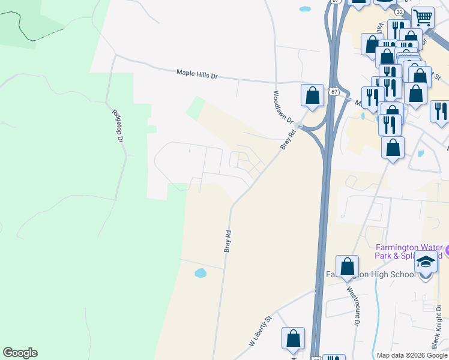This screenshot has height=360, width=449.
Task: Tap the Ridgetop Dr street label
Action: tap(117, 125)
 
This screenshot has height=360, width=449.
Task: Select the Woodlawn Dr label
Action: tap(282, 107)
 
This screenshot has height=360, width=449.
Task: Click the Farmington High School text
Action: tap(372, 275)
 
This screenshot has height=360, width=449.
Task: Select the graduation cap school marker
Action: tap(426, 263)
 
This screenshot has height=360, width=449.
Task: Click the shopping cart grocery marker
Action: tap(423, 19)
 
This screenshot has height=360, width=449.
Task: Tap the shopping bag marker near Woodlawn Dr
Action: tap(312, 95)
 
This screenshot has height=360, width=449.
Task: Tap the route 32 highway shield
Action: tap(399, 11)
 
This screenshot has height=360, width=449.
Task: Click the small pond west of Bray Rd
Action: tap(200, 274)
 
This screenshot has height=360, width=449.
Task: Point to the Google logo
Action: tap(20, 353)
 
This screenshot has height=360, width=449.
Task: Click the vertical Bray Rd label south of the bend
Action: tap(228, 240)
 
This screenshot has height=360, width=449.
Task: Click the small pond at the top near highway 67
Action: tap(305, 10)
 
